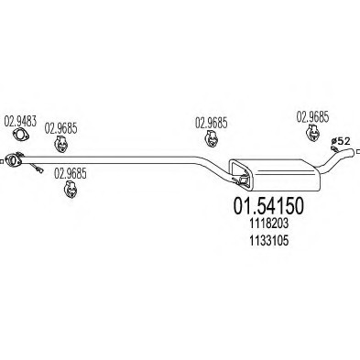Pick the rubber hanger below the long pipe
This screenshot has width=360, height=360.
click(70, 189)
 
